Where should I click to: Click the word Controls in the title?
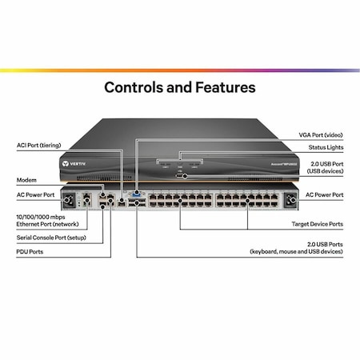click(x=139, y=86)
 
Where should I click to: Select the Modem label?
click(x=26, y=181)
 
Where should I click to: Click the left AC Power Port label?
click(x=35, y=194)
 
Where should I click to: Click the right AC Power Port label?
click(x=324, y=194)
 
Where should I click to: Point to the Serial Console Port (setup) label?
click(x=49, y=238)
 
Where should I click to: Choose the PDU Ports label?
click(x=30, y=252)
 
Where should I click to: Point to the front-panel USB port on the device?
click(x=180, y=174)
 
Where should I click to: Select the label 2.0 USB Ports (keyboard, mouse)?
click(x=307, y=246)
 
